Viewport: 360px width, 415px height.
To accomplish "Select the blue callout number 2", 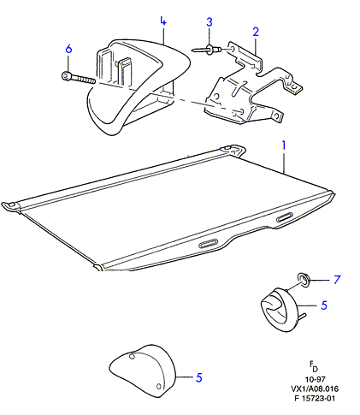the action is (256, 32).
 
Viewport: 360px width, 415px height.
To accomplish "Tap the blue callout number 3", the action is (210, 22).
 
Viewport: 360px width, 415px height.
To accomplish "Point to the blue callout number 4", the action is (162, 21).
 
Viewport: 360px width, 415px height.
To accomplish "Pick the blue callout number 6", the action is (68, 49).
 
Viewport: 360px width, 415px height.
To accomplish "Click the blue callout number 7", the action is (337, 280).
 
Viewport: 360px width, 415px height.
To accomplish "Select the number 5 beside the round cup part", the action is (324, 305).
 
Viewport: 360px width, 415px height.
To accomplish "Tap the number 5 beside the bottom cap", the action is (198, 377).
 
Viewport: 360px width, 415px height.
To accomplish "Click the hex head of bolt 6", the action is (65, 76).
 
